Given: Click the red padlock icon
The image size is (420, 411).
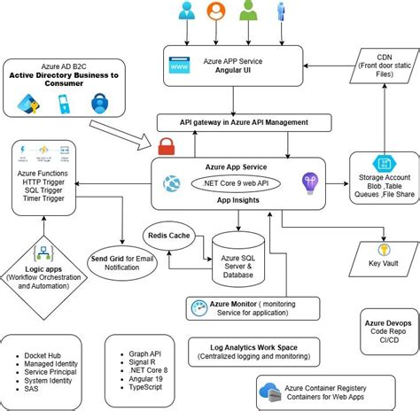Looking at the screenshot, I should click(x=167, y=145).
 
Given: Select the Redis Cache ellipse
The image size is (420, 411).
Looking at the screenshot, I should click(x=169, y=237).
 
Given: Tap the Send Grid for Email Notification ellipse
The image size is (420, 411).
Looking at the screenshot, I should click(x=122, y=263).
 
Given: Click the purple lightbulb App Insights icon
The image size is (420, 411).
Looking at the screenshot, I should click(x=308, y=183).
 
